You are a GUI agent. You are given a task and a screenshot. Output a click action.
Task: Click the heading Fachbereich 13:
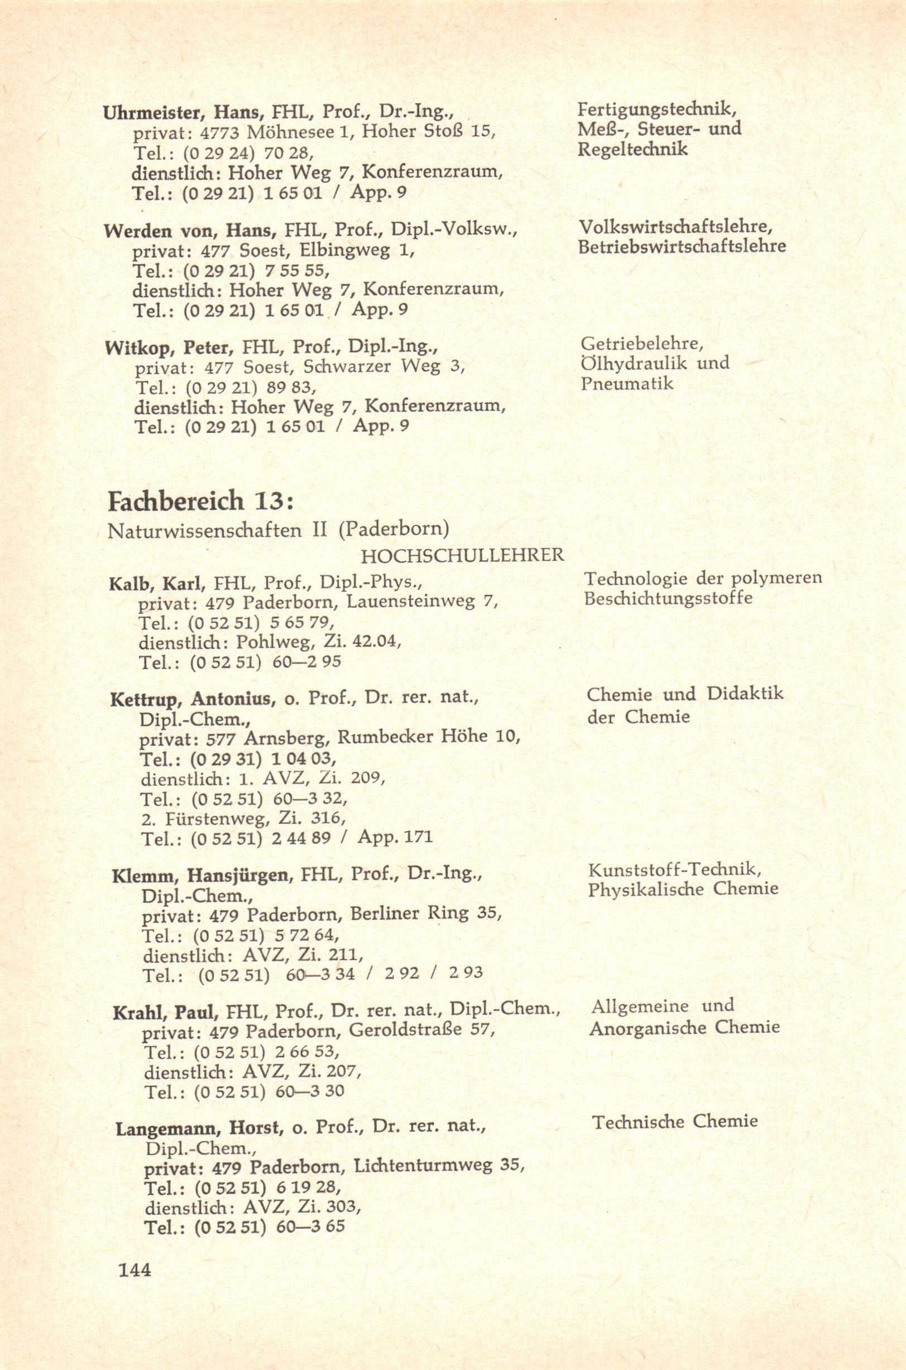201,501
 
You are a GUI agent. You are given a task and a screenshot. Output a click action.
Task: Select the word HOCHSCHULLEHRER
462,556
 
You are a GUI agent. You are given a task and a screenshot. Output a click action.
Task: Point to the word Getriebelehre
641,344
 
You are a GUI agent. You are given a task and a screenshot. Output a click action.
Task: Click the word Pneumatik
626,383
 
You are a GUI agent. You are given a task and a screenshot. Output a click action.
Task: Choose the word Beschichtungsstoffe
668,598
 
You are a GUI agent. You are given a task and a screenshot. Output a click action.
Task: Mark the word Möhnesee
292,132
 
